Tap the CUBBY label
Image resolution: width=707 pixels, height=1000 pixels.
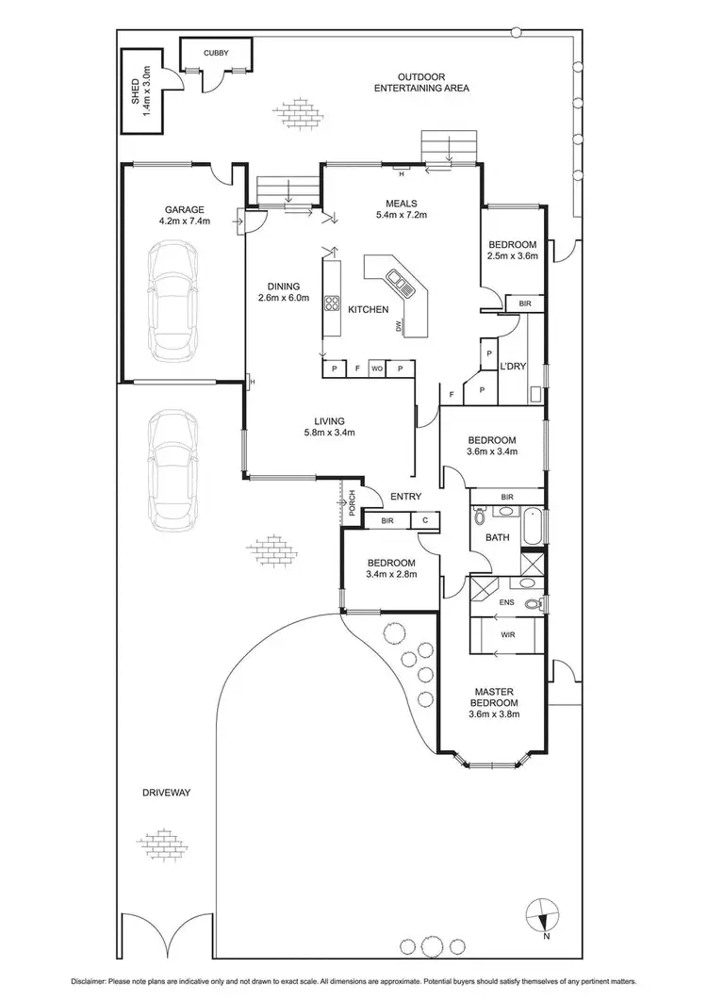[x=216, y=54]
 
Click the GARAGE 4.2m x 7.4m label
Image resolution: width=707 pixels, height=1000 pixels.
[x=185, y=216]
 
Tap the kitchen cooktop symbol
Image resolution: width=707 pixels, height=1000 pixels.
[x=332, y=303]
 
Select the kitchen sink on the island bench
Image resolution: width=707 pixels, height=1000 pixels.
[x=396, y=279]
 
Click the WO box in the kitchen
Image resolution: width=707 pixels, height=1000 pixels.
[x=375, y=368]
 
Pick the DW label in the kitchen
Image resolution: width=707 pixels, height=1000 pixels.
[x=401, y=326]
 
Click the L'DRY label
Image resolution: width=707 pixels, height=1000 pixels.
[x=513, y=366]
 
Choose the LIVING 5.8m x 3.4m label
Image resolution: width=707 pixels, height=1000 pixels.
[x=330, y=427]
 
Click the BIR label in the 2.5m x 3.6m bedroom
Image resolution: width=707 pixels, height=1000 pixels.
[x=524, y=303]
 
